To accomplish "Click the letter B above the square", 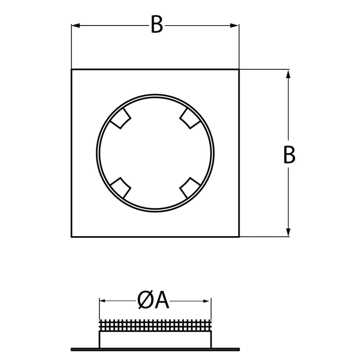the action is (x=157, y=24).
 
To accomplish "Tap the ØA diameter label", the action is (x=153, y=301).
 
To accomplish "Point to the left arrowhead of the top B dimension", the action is (x=76, y=26).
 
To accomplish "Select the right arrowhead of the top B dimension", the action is (x=235, y=26).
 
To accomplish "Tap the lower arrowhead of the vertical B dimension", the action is (x=288, y=232).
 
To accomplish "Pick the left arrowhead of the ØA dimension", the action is (x=102, y=301).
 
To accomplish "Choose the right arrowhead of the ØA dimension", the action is (x=206, y=301).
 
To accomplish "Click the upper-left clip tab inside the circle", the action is (x=121, y=119).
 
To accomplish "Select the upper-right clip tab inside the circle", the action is (x=190, y=119).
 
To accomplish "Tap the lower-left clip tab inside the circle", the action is (x=121, y=188).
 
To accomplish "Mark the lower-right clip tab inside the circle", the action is (x=190, y=188).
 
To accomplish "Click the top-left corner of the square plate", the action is (x=72, y=69).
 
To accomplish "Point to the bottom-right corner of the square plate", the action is (x=239, y=236).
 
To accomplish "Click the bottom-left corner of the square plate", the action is (x=72, y=236).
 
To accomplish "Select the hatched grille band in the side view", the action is (x=155, y=325).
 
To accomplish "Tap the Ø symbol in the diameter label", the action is (x=145, y=301).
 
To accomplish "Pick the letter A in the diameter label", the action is (x=162, y=301).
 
